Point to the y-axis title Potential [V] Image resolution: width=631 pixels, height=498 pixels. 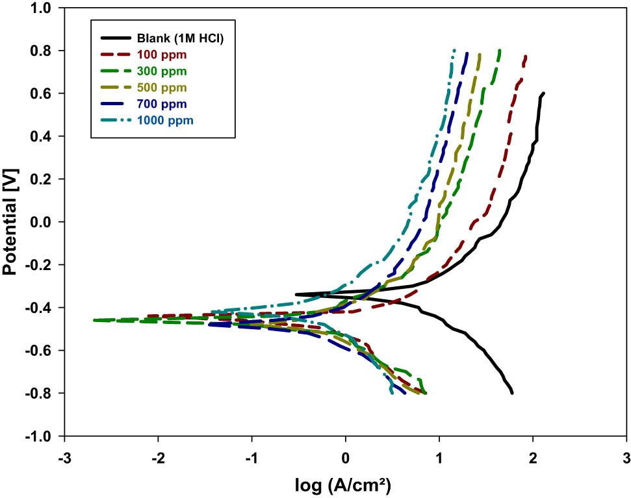pyautogui.click(x=11, y=221)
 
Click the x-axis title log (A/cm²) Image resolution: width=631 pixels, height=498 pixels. pyautogui.click(x=344, y=484)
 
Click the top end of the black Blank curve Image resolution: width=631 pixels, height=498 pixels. pyautogui.click(x=543, y=93)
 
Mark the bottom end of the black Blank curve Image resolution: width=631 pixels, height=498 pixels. pyautogui.click(x=512, y=393)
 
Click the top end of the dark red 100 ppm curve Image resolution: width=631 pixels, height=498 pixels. pyautogui.click(x=525, y=56)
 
